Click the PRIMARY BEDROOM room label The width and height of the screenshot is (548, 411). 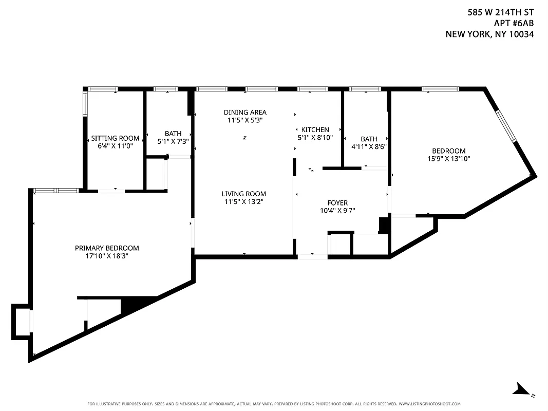(x=107, y=248)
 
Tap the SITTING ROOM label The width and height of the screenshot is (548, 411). (x=115, y=138)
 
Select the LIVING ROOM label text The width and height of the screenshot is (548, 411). (x=244, y=194)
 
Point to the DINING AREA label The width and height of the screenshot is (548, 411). (x=245, y=112)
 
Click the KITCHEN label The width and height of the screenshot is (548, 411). (x=315, y=129)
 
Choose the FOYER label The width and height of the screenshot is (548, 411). (x=337, y=203)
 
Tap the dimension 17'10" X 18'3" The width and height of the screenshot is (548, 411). (x=107, y=255)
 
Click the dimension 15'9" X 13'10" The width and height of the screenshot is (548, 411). (x=448, y=159)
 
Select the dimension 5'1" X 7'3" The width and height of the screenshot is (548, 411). (x=173, y=141)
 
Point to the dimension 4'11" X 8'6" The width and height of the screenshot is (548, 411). (x=369, y=146)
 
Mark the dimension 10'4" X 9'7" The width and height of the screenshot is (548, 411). (x=337, y=211)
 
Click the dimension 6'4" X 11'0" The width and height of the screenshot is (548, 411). (x=115, y=146)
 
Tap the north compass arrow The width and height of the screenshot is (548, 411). (x=524, y=389)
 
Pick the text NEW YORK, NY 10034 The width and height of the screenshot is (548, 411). (x=489, y=34)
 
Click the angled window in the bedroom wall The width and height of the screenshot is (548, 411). (x=505, y=125)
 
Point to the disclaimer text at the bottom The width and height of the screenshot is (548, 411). (x=274, y=404)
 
